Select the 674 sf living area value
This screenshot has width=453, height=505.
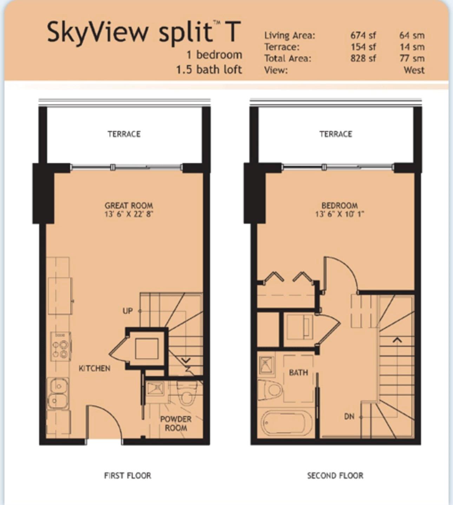click(363, 35)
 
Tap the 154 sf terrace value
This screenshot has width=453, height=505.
click(363, 47)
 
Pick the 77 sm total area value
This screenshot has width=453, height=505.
click(412, 58)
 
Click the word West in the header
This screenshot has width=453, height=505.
click(414, 70)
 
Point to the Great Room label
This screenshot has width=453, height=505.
click(129, 206)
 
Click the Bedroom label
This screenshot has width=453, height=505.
click(340, 206)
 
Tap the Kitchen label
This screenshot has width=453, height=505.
click(94, 368)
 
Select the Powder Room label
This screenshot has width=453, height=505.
click(176, 423)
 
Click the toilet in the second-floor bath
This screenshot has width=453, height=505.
click(270, 390)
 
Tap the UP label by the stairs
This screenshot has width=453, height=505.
click(127, 311)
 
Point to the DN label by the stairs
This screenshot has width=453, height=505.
click(349, 416)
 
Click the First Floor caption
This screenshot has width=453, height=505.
click(127, 475)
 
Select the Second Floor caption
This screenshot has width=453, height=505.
click(335, 475)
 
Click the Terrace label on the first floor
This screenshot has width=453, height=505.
click(124, 134)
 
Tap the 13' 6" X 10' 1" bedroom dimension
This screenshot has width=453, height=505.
click(340, 214)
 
